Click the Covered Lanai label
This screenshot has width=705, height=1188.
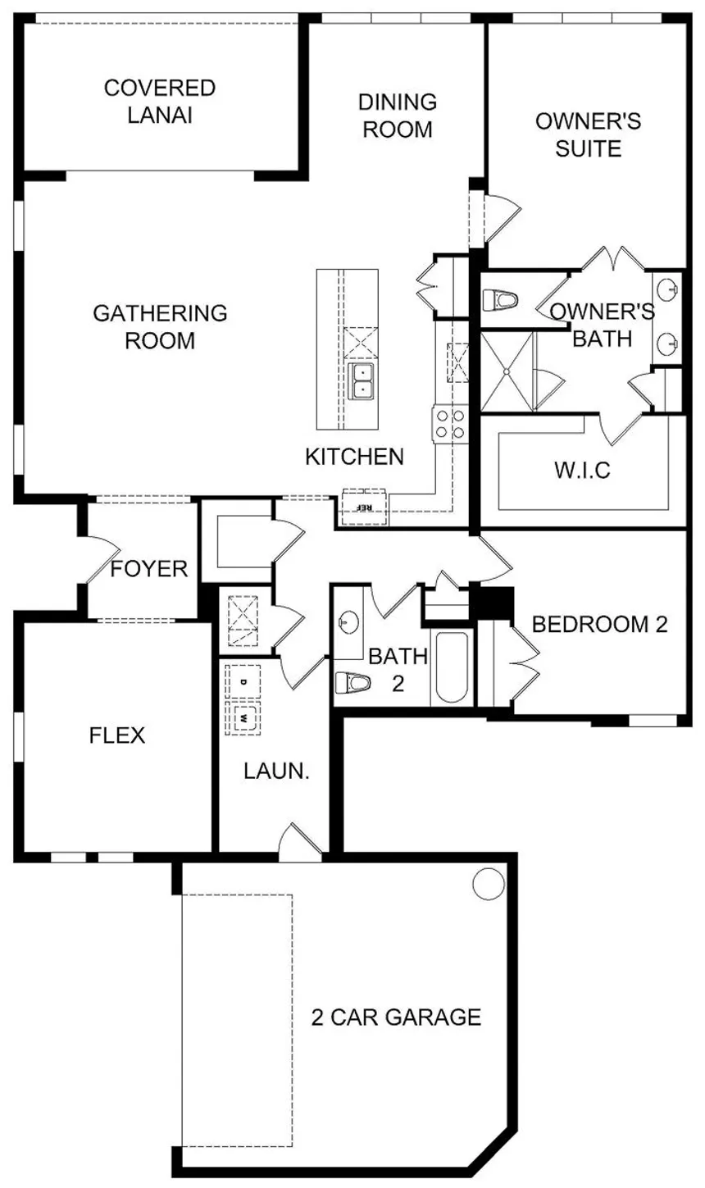tap(160, 102)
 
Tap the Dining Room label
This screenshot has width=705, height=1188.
tap(398, 115)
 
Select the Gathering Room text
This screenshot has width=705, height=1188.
tap(160, 326)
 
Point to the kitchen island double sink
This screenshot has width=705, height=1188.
tap(362, 381)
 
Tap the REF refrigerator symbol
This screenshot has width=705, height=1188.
tap(365, 506)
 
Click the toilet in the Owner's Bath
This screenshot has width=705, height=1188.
tap(500, 301)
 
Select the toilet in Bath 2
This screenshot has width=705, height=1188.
tap(352, 682)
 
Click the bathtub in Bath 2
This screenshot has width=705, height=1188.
tap(452, 667)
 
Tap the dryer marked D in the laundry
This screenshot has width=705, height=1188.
tap(243, 681)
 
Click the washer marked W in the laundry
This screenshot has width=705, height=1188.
tap(243, 717)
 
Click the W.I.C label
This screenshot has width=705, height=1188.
tap(583, 470)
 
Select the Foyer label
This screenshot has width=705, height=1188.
tap(149, 569)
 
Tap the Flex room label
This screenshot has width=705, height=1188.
tap(117, 735)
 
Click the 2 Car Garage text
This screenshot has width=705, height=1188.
tap(396, 1017)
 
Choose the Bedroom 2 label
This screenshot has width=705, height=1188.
tap(599, 624)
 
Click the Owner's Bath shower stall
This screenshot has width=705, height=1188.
tap(507, 371)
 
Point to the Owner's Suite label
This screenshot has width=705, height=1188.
tap(589, 134)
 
